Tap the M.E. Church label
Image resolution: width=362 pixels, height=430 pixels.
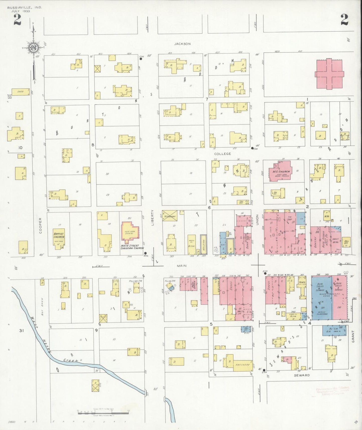281,172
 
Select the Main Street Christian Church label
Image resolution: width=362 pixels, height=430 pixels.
132,247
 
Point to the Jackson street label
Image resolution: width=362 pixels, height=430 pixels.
182,44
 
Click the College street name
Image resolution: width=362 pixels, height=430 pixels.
222,154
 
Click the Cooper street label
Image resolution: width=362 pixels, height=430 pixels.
40,225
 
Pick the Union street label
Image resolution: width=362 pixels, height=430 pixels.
257,219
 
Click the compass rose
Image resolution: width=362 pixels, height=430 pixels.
33,48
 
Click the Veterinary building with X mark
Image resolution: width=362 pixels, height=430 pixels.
170,216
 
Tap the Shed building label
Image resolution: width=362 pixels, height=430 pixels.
20,92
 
